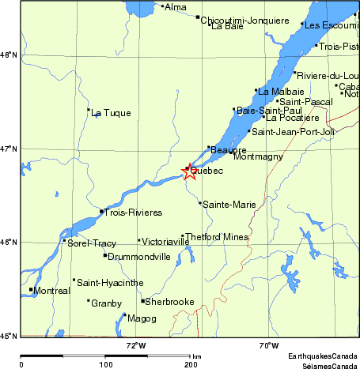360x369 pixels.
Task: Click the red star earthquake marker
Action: pos(190,170)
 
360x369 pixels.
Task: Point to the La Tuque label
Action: pos(106,113)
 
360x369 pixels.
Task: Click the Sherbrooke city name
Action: pos(169,302)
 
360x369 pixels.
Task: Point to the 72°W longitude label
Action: pos(136,345)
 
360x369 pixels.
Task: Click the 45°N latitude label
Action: pos(8,336)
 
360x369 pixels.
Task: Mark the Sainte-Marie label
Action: pos(229,205)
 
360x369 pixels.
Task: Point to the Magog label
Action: pos(142,318)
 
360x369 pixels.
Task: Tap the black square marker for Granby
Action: pos(88,300)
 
